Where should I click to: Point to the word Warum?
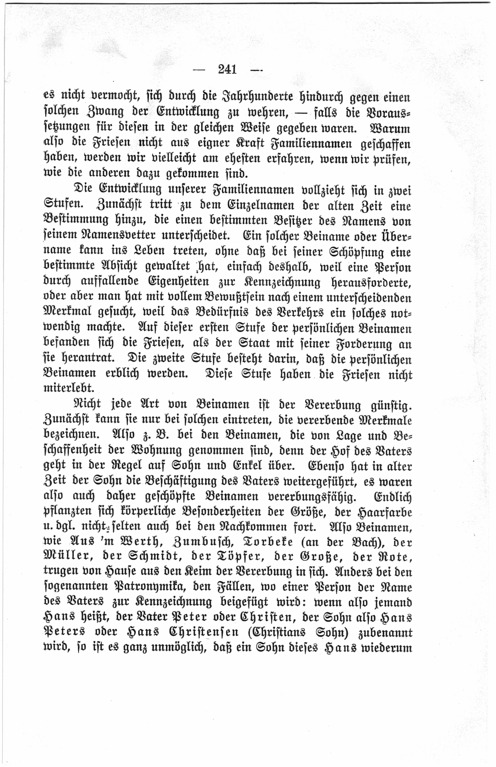click(390, 128)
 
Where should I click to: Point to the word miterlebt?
click(69, 388)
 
